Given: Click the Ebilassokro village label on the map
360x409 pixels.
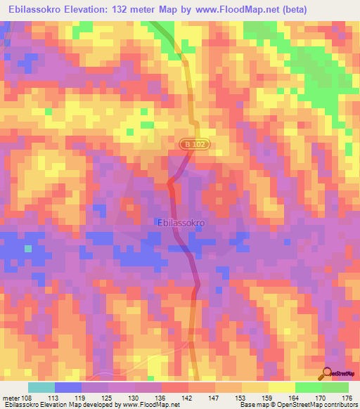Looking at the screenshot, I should click(179, 223).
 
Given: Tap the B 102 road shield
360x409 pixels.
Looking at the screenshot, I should click(195, 144).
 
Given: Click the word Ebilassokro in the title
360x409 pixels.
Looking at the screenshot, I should click(36, 10).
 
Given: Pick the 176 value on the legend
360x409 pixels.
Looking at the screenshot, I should click(345, 397).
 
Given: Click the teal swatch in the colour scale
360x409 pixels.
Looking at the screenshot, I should click(41, 387).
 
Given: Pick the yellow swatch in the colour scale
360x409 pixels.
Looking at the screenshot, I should click(281, 387).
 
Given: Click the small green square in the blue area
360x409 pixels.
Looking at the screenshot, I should click(29, 248).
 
